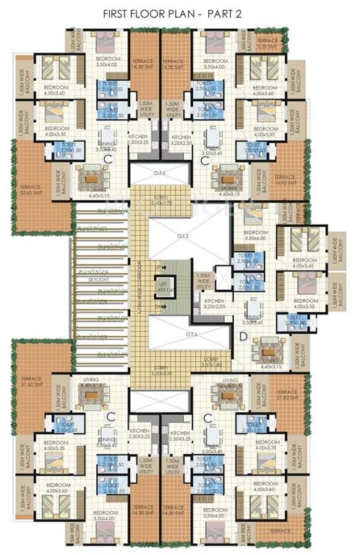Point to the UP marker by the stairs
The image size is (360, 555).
click(x=159, y=267)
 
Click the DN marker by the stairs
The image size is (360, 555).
click(x=159, y=306)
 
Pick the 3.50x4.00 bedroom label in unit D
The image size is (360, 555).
click(x=257, y=233)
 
